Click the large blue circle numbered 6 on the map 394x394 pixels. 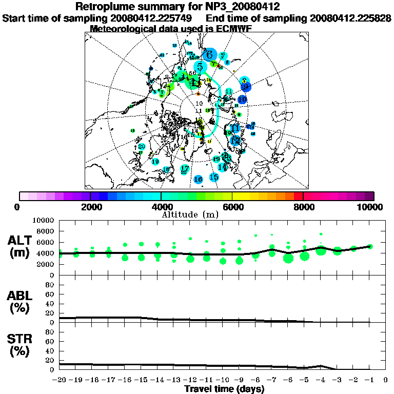pos(209,54)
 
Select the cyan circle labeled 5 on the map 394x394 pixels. pos(200,67)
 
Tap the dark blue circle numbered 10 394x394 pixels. pos(242,99)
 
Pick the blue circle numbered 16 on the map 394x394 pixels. pos(199,179)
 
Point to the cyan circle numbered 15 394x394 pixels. pos(214,177)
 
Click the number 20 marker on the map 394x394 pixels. pos(142,147)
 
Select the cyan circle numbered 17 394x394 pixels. pos(185,168)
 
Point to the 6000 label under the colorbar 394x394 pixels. pos(232,207)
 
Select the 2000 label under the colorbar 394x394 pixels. pos(90,207)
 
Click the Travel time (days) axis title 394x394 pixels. pos(224,389)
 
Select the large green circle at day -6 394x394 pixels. pos(288,258)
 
